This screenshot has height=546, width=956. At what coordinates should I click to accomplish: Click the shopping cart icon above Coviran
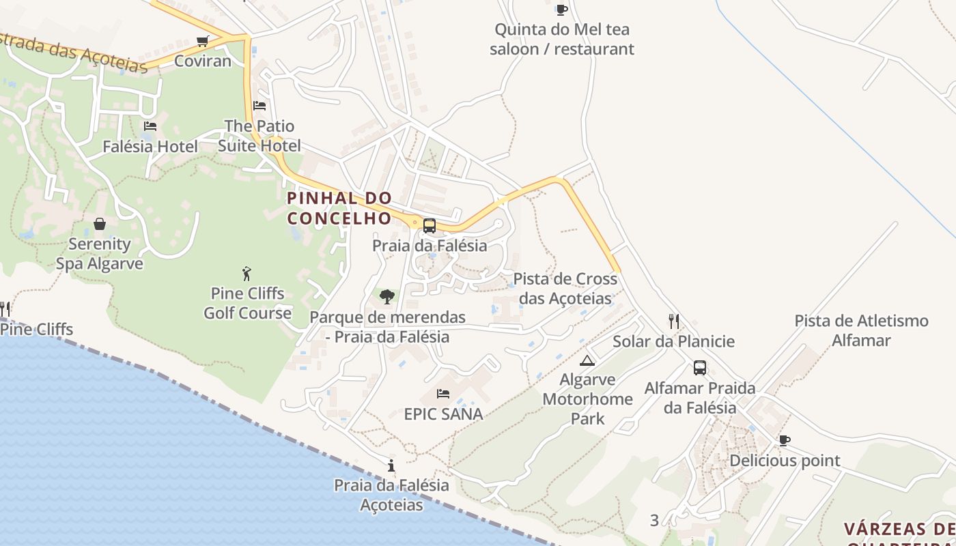point(202,42)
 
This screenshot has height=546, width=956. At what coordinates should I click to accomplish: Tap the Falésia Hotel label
point(150,146)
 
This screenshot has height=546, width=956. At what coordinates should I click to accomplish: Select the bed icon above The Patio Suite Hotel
point(259,106)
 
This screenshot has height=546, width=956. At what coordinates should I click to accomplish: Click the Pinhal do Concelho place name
point(339,208)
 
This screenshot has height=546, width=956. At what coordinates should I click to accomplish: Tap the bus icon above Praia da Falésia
point(430,225)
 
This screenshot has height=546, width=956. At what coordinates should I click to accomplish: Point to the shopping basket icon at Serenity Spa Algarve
point(100,224)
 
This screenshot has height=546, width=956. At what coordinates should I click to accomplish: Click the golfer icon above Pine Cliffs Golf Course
point(247,274)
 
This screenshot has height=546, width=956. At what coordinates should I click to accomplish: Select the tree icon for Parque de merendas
point(387,297)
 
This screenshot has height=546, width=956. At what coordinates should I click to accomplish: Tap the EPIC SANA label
point(443,414)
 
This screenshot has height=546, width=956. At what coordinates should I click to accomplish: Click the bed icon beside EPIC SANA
point(443,394)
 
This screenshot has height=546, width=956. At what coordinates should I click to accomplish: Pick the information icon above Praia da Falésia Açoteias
point(391,465)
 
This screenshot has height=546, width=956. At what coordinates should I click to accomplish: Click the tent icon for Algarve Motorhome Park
point(587,360)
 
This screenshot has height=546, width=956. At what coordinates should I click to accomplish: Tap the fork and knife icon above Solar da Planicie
point(673,321)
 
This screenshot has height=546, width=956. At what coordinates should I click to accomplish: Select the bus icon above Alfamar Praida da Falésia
point(700,368)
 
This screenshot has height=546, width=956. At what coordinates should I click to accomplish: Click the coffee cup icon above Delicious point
point(785,440)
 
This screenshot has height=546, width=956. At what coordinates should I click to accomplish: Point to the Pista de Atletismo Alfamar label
point(861,330)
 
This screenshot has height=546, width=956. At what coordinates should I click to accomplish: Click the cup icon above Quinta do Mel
point(561,10)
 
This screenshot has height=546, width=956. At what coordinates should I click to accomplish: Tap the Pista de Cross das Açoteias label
point(565,289)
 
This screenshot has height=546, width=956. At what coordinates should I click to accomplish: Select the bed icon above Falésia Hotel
point(150,126)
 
